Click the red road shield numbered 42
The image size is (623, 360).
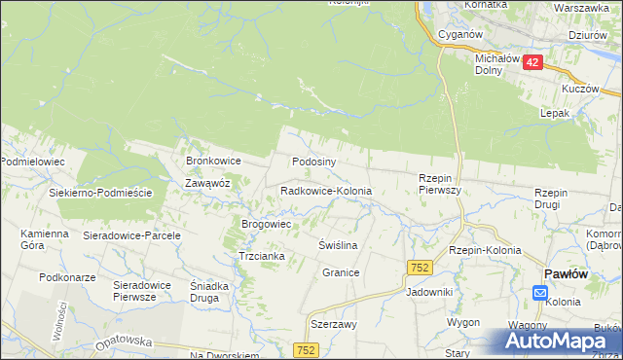(531, 61)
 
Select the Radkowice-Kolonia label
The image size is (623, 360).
(326, 192)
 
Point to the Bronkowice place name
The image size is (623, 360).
(213, 161)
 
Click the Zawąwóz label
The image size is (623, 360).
(207, 182)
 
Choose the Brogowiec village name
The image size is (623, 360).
(267, 224)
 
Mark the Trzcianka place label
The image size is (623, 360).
(261, 256)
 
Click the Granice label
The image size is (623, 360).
(342, 273)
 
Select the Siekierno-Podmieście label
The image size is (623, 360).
(101, 193)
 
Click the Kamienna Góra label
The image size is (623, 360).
(45, 239)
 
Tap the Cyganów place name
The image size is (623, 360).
(461, 34)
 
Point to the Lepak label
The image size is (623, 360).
(554, 113)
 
